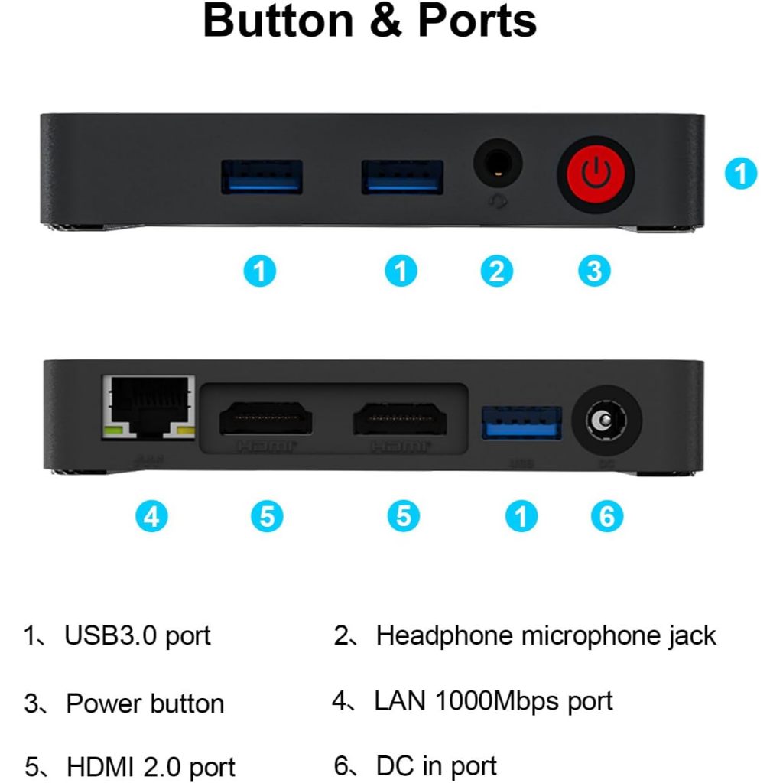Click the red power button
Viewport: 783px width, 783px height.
(x=596, y=174)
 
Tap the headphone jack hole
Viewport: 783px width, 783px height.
(x=498, y=164)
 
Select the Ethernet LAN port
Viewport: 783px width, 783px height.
(x=148, y=408)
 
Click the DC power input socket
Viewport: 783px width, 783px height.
(x=606, y=420)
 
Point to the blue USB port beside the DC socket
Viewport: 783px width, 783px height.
(x=521, y=423)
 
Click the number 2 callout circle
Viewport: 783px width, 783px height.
(x=497, y=271)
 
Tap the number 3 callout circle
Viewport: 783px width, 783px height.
(x=594, y=271)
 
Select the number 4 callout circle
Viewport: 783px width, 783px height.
(x=152, y=516)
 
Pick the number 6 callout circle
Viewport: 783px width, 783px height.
(x=607, y=516)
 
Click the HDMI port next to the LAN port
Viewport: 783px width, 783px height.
(x=265, y=417)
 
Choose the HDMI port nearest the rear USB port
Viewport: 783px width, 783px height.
(x=400, y=418)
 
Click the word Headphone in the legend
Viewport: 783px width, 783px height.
(x=444, y=635)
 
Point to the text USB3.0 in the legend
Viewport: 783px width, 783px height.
(x=111, y=635)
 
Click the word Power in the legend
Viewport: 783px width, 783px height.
(x=104, y=703)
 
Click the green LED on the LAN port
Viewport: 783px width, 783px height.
(x=113, y=431)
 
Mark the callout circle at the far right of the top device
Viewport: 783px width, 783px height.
(x=741, y=174)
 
